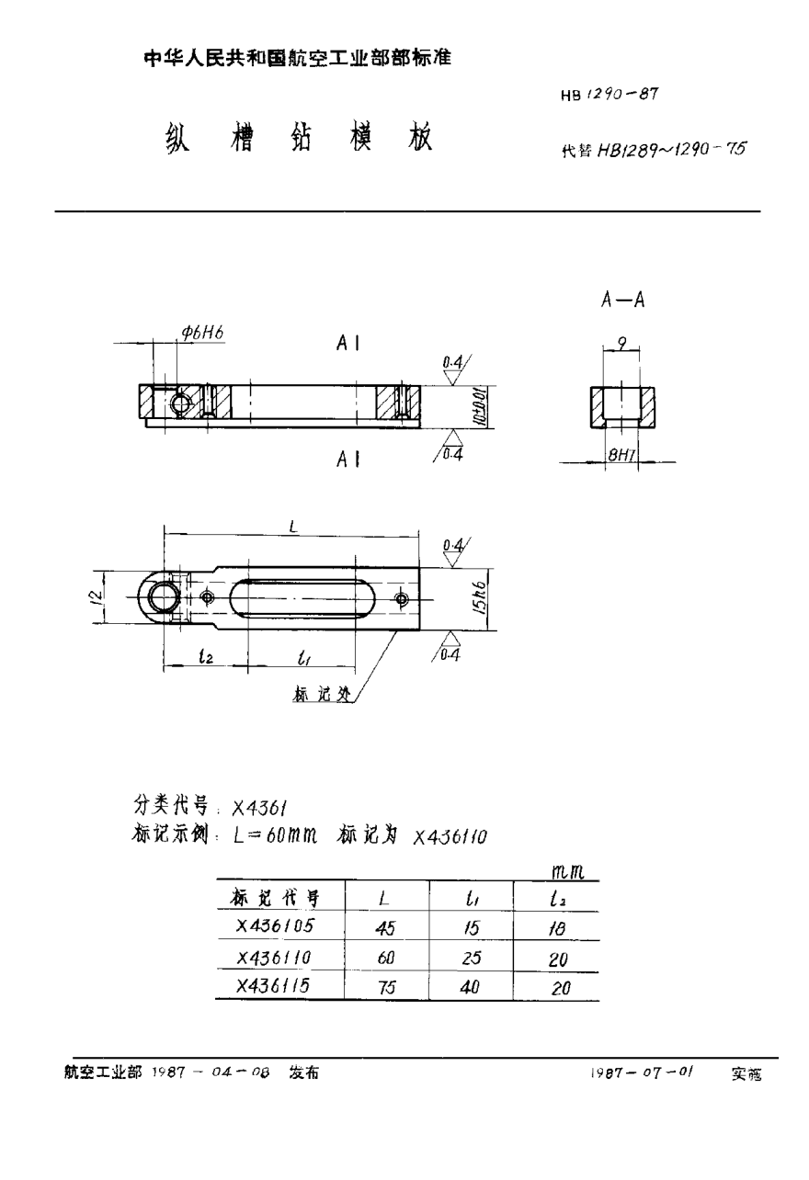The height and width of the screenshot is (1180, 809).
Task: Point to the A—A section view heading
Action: click(621, 301)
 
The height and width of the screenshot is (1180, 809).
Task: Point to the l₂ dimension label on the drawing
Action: click(206, 656)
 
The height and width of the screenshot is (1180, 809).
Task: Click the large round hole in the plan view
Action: click(162, 598)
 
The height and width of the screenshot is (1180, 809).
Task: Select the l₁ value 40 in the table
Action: click(470, 987)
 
